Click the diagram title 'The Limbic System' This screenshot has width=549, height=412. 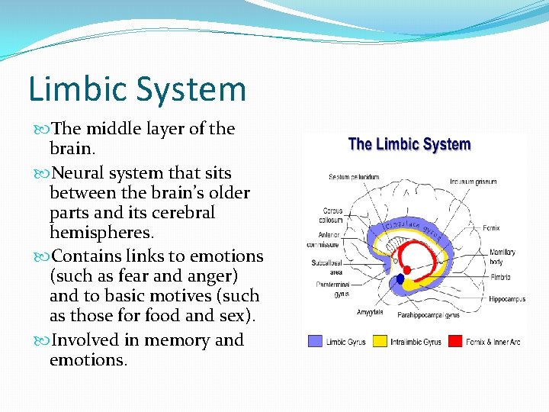409,144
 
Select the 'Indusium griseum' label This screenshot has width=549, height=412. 474,182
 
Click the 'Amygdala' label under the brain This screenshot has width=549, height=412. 370,312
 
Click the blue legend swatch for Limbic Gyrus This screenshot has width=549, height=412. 315,342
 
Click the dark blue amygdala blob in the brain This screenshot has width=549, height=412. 400,280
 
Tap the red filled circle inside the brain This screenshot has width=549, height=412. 407,269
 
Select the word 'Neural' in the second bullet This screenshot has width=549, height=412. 78,173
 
